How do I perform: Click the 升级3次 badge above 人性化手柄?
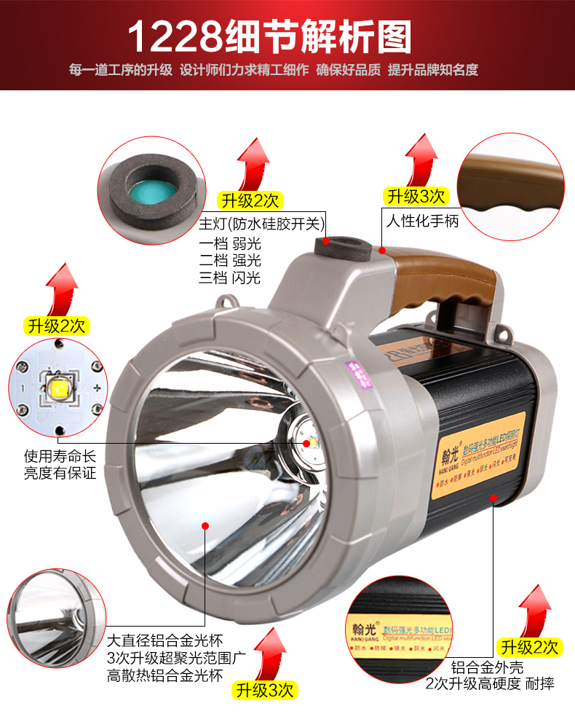(416, 196)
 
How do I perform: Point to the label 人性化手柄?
(423, 221)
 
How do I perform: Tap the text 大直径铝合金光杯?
(164, 641)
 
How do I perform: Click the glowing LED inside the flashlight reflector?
(306, 442)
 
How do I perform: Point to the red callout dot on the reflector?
(205, 524)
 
